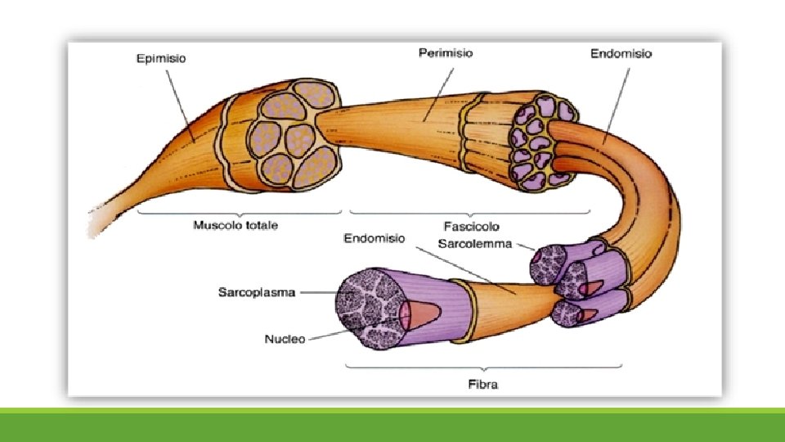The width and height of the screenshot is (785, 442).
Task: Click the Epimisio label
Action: click(160, 58)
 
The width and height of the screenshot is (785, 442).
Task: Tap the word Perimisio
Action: click(445, 53)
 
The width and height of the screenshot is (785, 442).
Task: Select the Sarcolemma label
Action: click(474, 243)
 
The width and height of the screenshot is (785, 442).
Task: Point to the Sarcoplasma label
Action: click(256, 291)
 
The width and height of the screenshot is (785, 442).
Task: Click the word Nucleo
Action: click(285, 338)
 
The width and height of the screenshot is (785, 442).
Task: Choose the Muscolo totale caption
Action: click(235, 225)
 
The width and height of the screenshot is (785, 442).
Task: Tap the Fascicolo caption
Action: click(470, 225)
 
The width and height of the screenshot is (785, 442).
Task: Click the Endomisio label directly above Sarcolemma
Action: click(374, 238)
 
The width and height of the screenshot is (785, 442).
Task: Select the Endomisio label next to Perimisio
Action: click(621, 54)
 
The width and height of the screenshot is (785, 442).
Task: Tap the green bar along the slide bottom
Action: click(392, 425)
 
